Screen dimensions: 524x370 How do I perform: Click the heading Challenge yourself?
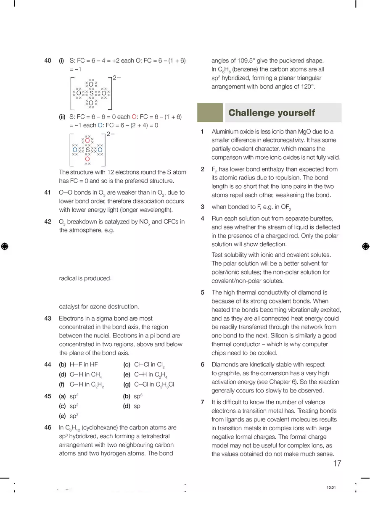tap(271, 113)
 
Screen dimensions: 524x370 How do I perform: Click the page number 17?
tap(337, 463)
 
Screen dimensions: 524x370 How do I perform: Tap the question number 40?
tap(48, 61)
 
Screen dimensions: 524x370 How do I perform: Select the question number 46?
tap(48, 427)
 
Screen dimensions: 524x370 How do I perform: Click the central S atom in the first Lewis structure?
tap(91, 93)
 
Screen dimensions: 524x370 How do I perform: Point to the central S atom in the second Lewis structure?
tap(87, 150)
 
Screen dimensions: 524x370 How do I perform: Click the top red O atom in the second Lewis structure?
tap(87, 140)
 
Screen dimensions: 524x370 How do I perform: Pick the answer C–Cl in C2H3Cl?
tap(154, 384)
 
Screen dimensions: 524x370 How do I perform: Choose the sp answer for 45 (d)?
tap(137, 406)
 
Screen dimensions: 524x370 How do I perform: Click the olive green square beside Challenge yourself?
tap(210, 113)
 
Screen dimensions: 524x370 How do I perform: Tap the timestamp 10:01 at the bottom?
tap(331, 487)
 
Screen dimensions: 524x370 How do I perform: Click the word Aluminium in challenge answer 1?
tap(225, 132)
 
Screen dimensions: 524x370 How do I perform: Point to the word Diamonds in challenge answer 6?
tap(225, 364)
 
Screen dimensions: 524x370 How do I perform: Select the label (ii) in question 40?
tap(62, 117)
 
